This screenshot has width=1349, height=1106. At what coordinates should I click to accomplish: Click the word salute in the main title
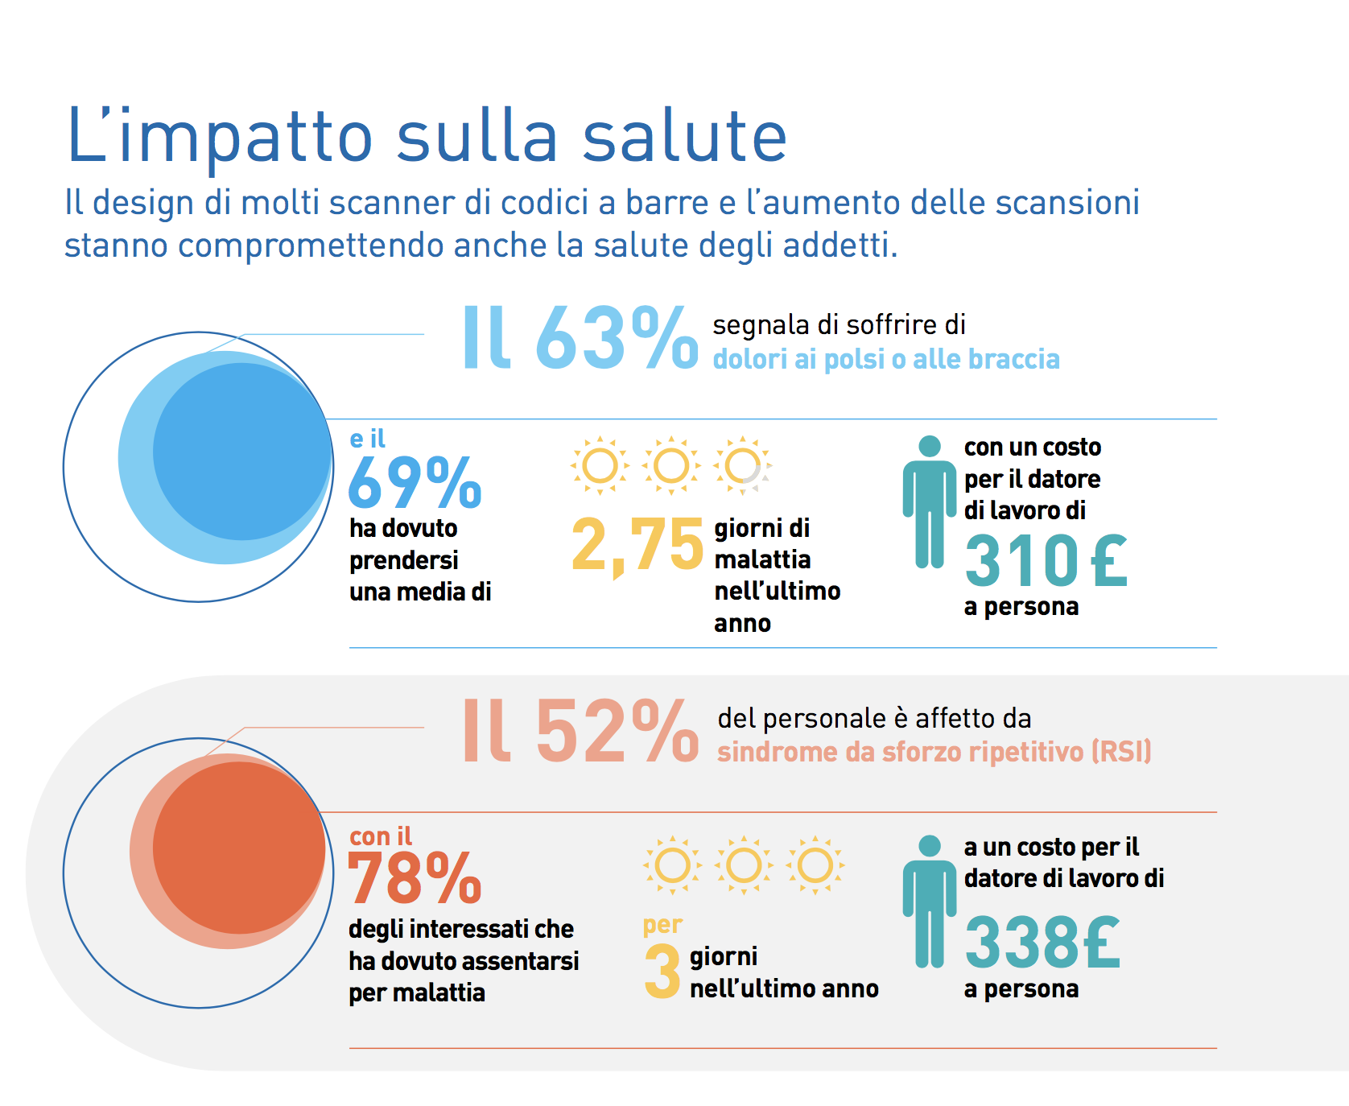[x=684, y=136]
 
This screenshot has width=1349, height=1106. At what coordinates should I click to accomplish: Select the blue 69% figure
[x=415, y=483]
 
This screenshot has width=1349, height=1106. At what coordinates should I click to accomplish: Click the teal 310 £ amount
[x=1046, y=561]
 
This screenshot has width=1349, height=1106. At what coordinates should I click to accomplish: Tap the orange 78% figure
[x=415, y=879]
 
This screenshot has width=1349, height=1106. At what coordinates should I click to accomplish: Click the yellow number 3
[x=662, y=972]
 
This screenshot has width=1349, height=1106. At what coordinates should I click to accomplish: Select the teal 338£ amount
[x=1042, y=943]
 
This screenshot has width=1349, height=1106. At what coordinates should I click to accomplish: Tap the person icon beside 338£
[x=929, y=901]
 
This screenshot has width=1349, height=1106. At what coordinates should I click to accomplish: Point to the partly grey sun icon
[x=742, y=465]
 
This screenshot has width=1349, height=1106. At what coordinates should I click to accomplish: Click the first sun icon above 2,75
[x=600, y=465]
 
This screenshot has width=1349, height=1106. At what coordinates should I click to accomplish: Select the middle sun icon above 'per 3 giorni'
[x=744, y=865]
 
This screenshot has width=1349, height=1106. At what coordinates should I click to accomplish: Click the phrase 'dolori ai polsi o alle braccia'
[x=885, y=359]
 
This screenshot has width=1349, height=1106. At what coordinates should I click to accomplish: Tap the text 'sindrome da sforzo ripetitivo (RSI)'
[x=934, y=752]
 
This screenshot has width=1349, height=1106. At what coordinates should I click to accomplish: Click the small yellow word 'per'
[x=662, y=926]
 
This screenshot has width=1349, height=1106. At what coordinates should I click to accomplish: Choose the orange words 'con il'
[x=381, y=836]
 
